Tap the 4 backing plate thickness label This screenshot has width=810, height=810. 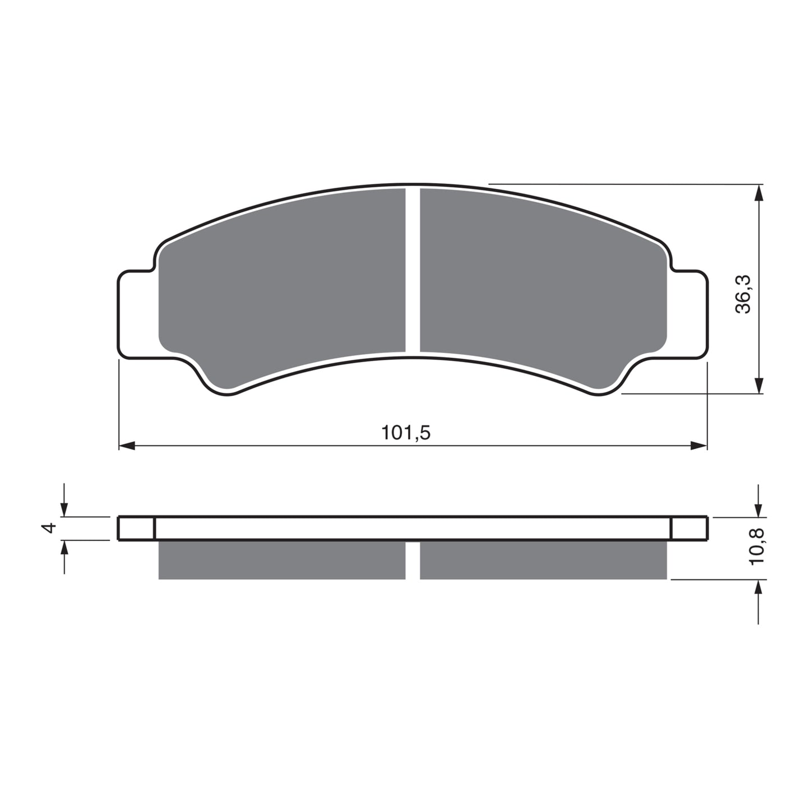(50, 527)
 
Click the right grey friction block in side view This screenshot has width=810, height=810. (543, 560)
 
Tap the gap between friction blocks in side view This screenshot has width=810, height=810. (413, 560)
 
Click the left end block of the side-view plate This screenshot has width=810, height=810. (136, 528)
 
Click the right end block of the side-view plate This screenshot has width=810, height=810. (689, 528)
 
